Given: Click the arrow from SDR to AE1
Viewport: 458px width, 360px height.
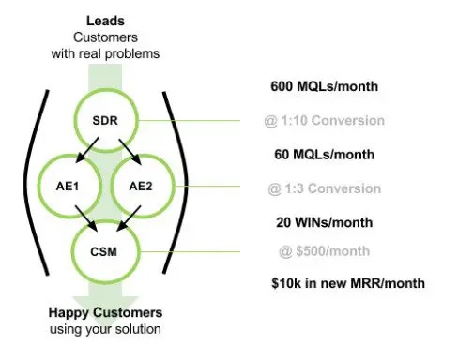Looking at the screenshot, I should click(86, 153).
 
